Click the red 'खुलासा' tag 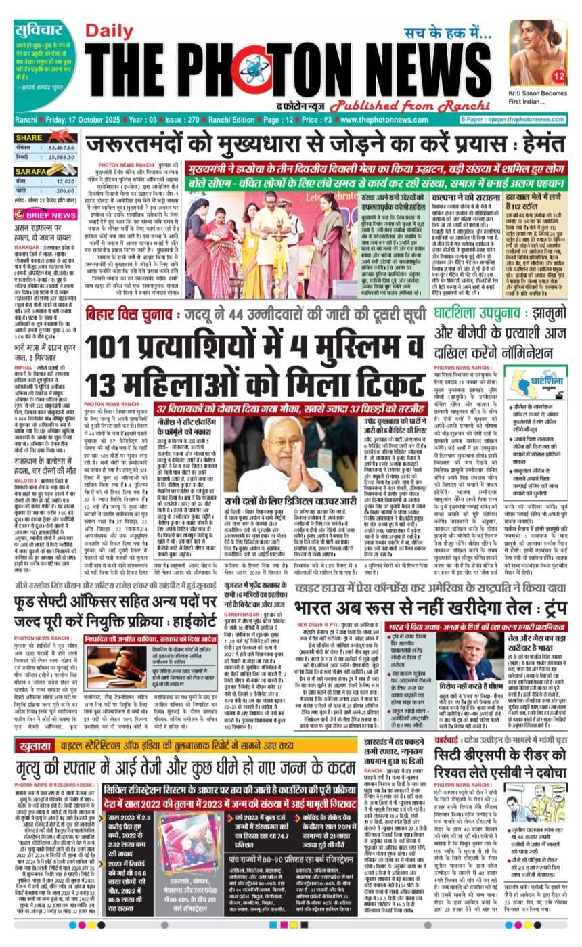[40, 746]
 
